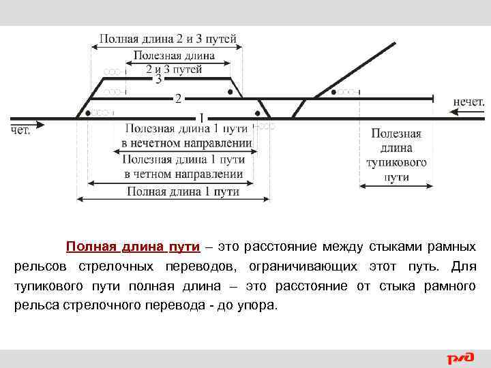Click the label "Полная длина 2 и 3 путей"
point(168,39)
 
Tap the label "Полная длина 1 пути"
point(183,191)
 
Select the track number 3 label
point(158,80)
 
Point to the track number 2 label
point(177,99)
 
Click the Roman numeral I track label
point(201,117)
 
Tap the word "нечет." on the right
point(468,102)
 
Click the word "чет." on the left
point(20,131)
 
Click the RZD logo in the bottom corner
point(460,357)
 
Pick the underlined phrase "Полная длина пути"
point(133,246)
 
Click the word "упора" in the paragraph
point(256,305)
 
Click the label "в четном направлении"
point(183,174)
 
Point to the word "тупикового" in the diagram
point(396,164)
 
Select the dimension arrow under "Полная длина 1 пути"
point(174,199)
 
